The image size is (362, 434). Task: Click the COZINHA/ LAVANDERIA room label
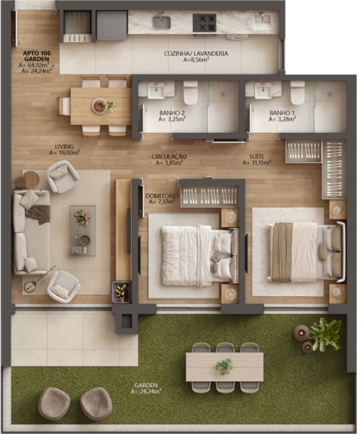point(196,53)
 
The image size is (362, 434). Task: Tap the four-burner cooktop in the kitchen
point(205,23)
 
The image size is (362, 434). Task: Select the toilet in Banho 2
point(191,93)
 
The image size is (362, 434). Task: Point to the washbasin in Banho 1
point(264,90)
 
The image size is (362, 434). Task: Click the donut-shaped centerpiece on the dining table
point(99,106)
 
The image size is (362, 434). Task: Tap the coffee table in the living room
point(83,230)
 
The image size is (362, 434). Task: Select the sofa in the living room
point(31,232)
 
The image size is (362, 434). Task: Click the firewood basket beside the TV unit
point(121,292)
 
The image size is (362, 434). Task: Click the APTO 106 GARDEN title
point(37,56)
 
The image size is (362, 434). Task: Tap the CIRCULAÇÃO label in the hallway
point(169,156)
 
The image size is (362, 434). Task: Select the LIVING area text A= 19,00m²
point(65,152)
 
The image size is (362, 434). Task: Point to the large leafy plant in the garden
point(324,334)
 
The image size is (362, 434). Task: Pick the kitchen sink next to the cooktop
point(161,22)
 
